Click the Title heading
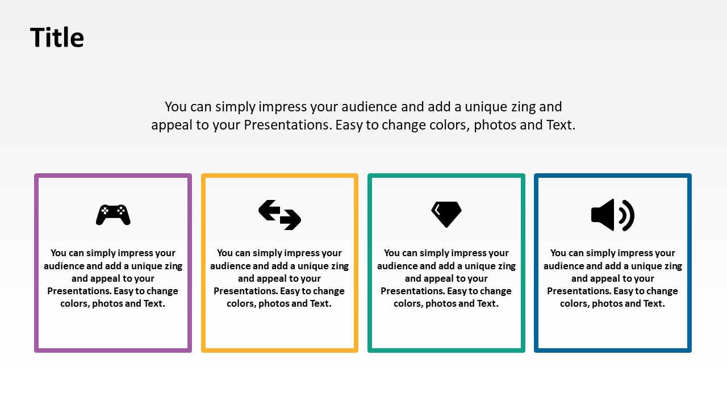pos(57,37)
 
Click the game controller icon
pos(113,215)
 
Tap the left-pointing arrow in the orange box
pos(270,210)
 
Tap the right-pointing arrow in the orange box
pos(290,220)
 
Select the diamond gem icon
pos(446,214)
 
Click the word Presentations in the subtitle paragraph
pos(287,125)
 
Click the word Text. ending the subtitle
pos(561,125)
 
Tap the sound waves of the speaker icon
pos(626,215)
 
